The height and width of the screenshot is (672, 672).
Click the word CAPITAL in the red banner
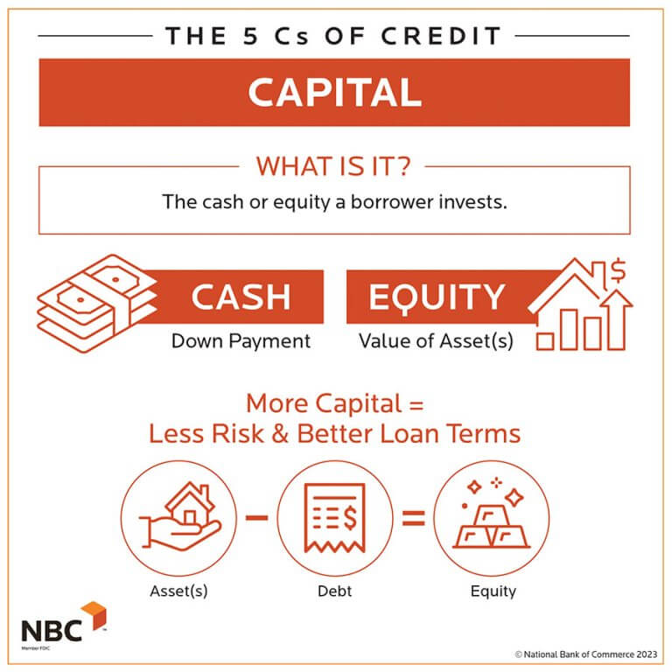(x=334, y=92)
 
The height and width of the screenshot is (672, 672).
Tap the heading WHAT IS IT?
(x=334, y=165)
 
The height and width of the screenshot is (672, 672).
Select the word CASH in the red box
(x=241, y=297)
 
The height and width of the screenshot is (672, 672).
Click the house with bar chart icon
(x=582, y=305)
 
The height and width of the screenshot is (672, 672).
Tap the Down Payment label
(x=241, y=341)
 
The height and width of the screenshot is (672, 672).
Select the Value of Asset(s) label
(x=436, y=341)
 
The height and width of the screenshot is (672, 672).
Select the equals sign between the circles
(x=414, y=518)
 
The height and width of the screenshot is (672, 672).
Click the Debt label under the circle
(x=335, y=591)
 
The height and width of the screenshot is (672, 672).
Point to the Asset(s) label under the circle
(x=178, y=591)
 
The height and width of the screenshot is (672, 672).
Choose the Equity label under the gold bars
(x=493, y=591)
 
